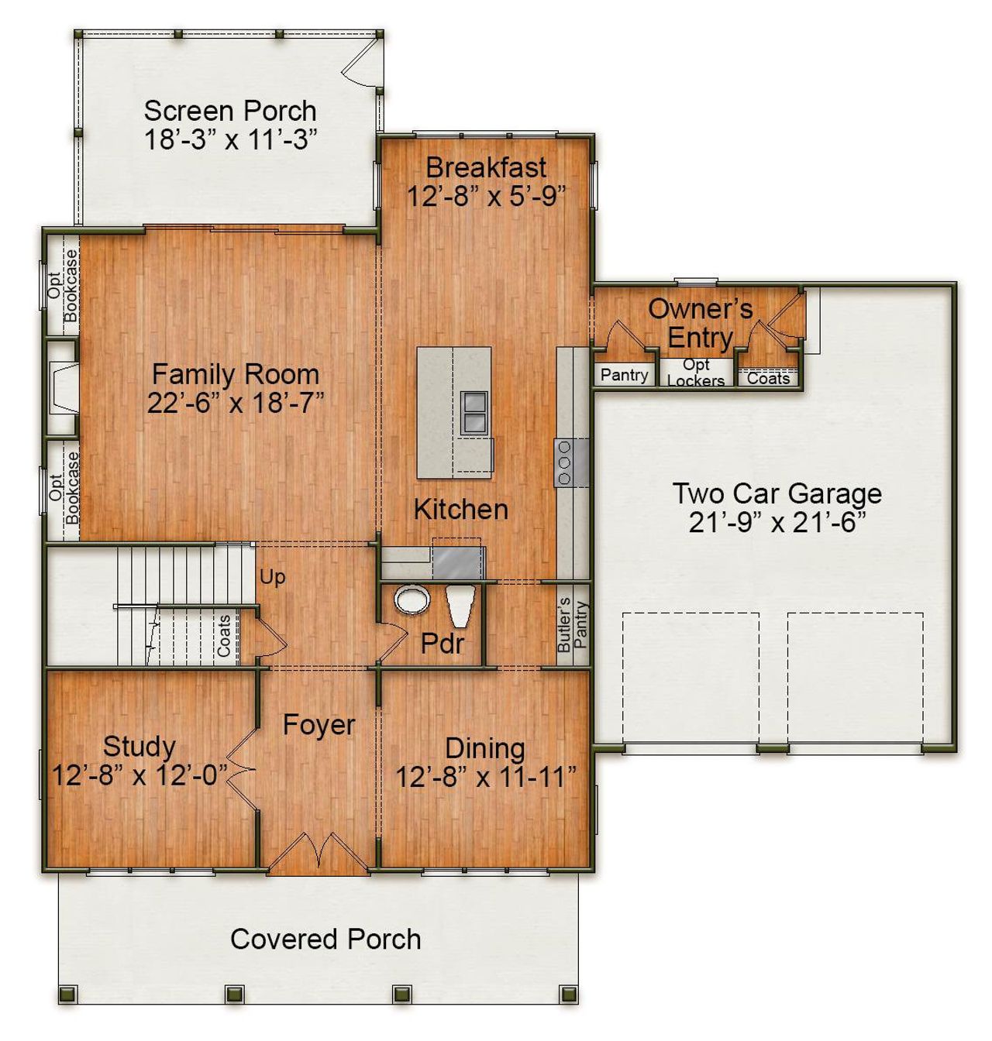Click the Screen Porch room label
[x=230, y=111]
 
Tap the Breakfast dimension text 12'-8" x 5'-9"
[x=487, y=197]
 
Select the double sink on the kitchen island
[x=474, y=411]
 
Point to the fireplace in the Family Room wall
[x=62, y=387]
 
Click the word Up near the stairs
[x=272, y=577]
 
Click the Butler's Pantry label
[x=572, y=624]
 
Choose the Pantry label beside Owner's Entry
[x=624, y=375]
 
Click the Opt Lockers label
[x=696, y=373]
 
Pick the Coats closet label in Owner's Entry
[x=768, y=378]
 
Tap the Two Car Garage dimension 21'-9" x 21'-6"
[x=777, y=523]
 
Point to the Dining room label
[x=485, y=748]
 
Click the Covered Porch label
[x=325, y=939]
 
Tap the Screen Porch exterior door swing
[x=358, y=64]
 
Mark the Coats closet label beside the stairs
[x=224, y=636]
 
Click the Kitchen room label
[x=461, y=509]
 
